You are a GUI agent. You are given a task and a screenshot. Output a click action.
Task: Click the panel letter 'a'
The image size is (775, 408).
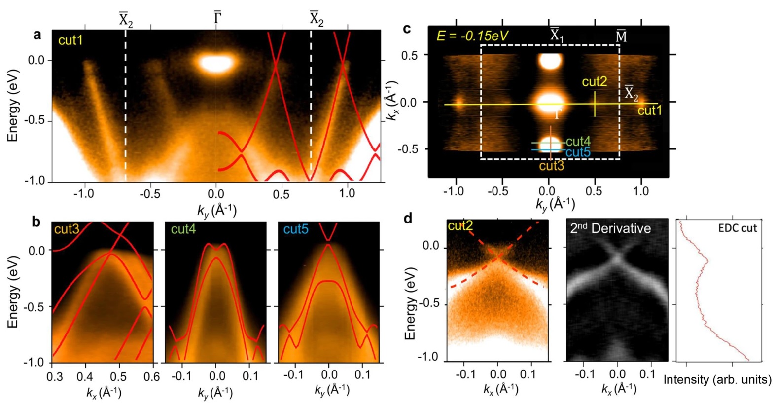[x=37, y=35]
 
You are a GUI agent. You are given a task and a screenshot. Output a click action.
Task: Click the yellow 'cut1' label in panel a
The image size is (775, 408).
[x=70, y=40]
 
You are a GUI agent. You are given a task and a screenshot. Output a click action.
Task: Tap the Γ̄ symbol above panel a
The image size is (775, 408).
[x=217, y=18]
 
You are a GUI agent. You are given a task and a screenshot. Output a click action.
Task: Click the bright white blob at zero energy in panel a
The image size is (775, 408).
[x=217, y=63]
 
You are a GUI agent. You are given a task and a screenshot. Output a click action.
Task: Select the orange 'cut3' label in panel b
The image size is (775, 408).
[x=67, y=229]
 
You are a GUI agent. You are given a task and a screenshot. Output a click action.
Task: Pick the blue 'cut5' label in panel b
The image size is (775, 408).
[x=296, y=229]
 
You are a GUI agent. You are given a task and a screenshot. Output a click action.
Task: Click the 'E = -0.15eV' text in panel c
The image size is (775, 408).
[x=472, y=36]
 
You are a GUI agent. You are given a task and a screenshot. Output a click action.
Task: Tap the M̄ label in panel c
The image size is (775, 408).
[x=621, y=36]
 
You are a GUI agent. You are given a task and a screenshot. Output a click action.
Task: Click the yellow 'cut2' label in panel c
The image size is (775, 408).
[x=594, y=82]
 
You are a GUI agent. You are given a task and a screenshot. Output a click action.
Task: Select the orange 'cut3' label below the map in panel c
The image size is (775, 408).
[x=551, y=166]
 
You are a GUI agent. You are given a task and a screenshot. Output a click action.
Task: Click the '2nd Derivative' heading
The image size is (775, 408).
[x=610, y=228]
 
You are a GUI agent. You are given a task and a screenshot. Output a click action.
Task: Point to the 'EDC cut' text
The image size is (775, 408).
[x=737, y=228]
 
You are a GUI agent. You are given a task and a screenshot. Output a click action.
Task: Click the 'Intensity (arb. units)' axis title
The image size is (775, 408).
[x=717, y=380]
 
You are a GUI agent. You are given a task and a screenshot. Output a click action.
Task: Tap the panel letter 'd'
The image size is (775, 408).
[x=408, y=219]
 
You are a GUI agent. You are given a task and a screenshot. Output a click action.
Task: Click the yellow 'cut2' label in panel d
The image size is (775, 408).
[x=460, y=226]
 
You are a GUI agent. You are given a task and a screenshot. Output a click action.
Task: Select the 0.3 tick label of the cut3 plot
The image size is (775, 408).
[x=54, y=377]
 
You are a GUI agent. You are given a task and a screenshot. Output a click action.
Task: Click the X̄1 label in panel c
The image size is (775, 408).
[x=557, y=35]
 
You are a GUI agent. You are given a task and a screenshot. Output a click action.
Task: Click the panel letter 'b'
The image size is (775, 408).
[x=36, y=222]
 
